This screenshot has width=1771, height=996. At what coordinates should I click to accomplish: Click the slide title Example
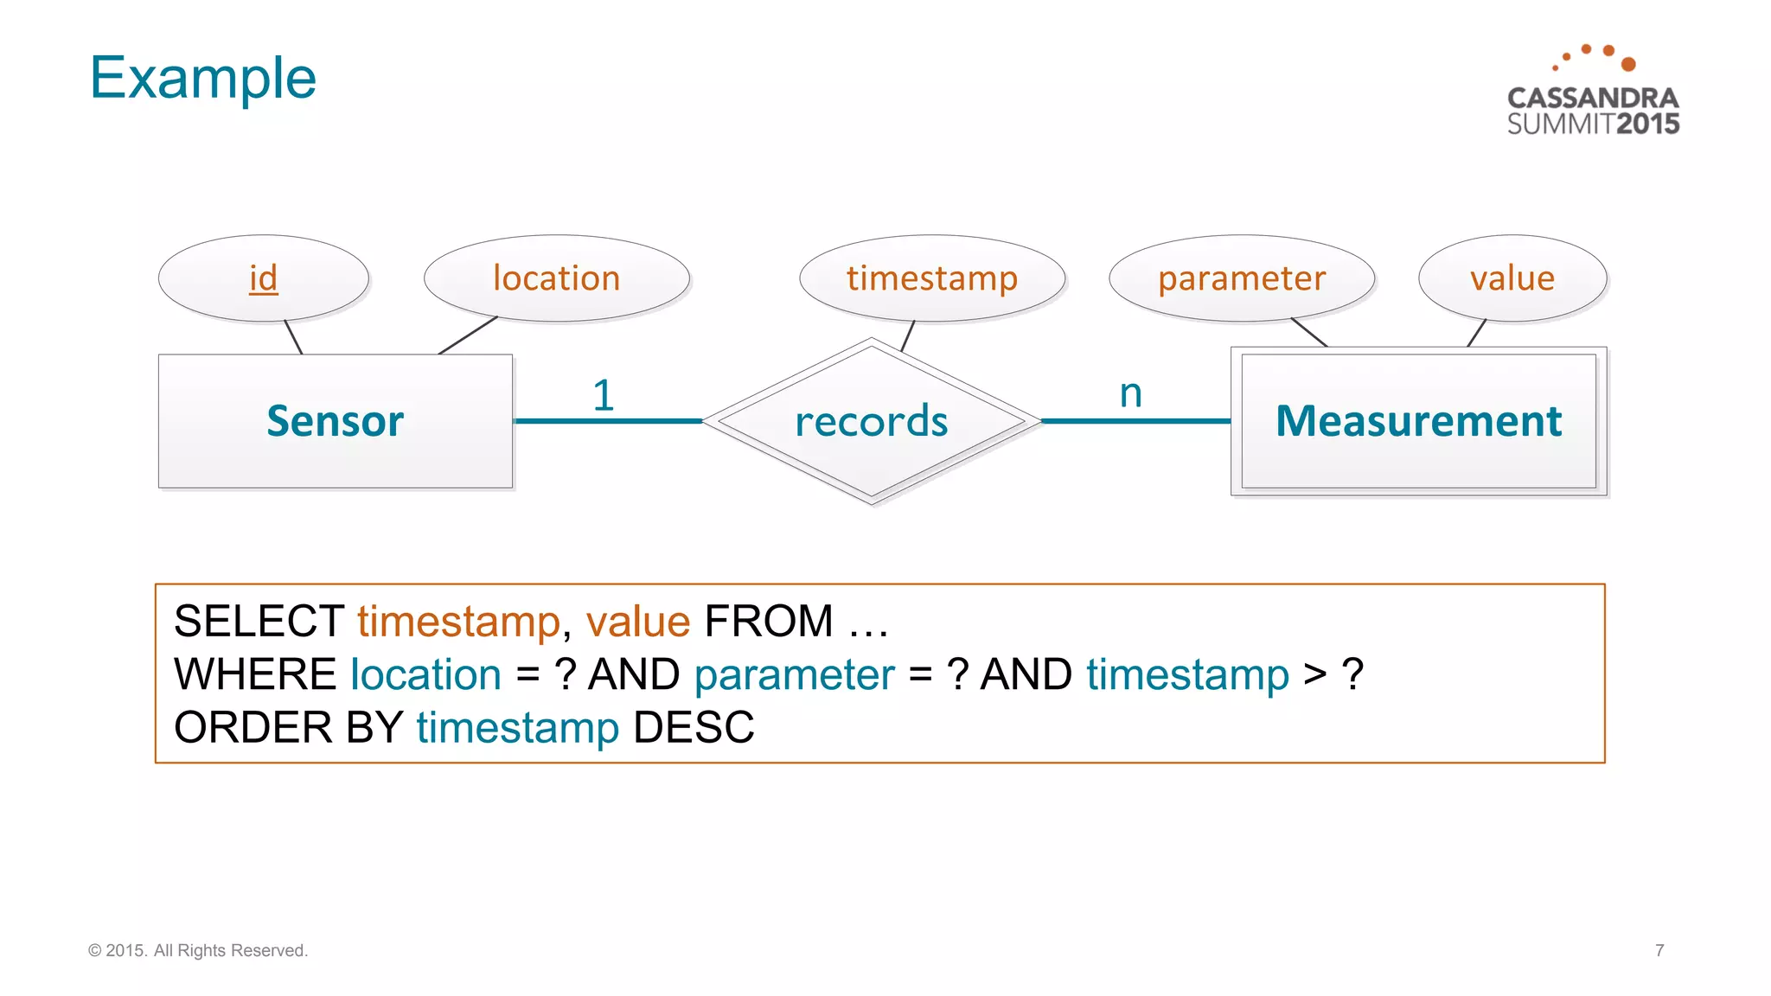[203, 78]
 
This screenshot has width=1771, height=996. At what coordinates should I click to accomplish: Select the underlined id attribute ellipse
[264, 278]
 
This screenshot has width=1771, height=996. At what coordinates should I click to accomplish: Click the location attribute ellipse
[556, 278]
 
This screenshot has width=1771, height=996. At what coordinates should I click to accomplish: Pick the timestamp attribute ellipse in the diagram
[931, 278]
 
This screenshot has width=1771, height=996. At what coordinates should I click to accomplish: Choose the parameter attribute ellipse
[1241, 278]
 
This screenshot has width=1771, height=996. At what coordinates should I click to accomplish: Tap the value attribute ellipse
[1512, 278]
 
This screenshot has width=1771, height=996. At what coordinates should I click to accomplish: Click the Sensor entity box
[336, 421]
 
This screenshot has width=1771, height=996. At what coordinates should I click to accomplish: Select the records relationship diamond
[871, 421]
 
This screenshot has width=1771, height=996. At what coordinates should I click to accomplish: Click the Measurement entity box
[1418, 421]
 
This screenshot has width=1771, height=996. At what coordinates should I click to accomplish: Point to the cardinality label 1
[604, 395]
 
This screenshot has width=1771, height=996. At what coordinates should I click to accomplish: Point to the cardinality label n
[1130, 393]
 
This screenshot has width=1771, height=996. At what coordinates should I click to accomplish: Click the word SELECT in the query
[259, 621]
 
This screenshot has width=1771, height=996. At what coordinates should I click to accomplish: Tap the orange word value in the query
[638, 621]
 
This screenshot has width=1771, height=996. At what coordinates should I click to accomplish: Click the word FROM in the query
[769, 621]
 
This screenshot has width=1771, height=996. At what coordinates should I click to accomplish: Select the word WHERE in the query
[255, 674]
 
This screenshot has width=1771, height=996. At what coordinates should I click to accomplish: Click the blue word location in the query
[425, 674]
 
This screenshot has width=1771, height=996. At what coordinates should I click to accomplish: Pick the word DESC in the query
[694, 727]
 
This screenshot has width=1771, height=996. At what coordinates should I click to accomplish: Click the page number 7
[1659, 950]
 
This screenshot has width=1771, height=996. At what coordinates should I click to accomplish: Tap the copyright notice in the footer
[198, 950]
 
